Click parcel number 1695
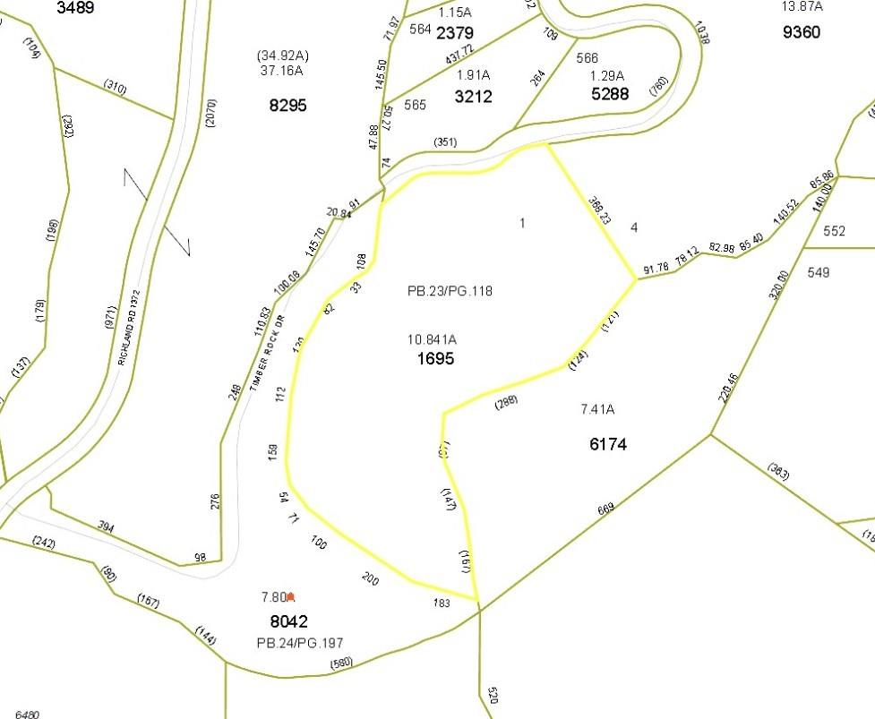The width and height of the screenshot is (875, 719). (435, 359)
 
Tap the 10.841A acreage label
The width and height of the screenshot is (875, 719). (432, 339)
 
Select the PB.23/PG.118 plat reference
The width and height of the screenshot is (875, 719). (450, 291)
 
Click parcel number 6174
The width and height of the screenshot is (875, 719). (608, 443)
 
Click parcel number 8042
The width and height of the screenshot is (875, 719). (288, 621)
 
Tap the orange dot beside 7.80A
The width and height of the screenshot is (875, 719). (290, 596)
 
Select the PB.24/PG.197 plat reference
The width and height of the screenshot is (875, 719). (299, 643)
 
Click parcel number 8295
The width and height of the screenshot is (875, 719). (287, 105)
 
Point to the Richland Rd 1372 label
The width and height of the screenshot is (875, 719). (129, 327)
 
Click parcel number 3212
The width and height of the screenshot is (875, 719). (473, 96)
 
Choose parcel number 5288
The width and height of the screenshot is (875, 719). (610, 93)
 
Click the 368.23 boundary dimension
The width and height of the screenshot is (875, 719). (599, 211)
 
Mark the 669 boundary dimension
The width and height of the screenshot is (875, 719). (606, 509)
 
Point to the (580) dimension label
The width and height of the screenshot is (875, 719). (340, 663)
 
